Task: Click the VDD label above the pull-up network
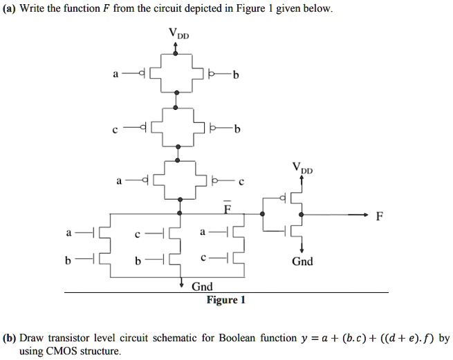(179, 33)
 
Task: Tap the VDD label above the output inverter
(302, 168)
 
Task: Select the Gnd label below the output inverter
(302, 261)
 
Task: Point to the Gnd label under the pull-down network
(202, 286)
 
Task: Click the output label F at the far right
(380, 216)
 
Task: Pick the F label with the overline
(228, 207)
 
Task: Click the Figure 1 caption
(226, 300)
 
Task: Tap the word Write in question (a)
(32, 8)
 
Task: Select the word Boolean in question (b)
(237, 338)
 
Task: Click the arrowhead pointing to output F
(366, 214)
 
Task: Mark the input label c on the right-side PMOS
(241, 182)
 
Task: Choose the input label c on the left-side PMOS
(115, 130)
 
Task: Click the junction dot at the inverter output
(302, 214)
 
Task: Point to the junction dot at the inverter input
(262, 214)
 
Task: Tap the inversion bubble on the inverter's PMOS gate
(283, 198)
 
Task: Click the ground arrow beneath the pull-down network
(181, 282)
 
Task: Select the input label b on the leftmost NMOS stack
(68, 260)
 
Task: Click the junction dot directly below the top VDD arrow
(176, 53)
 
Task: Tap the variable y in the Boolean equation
(304, 339)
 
